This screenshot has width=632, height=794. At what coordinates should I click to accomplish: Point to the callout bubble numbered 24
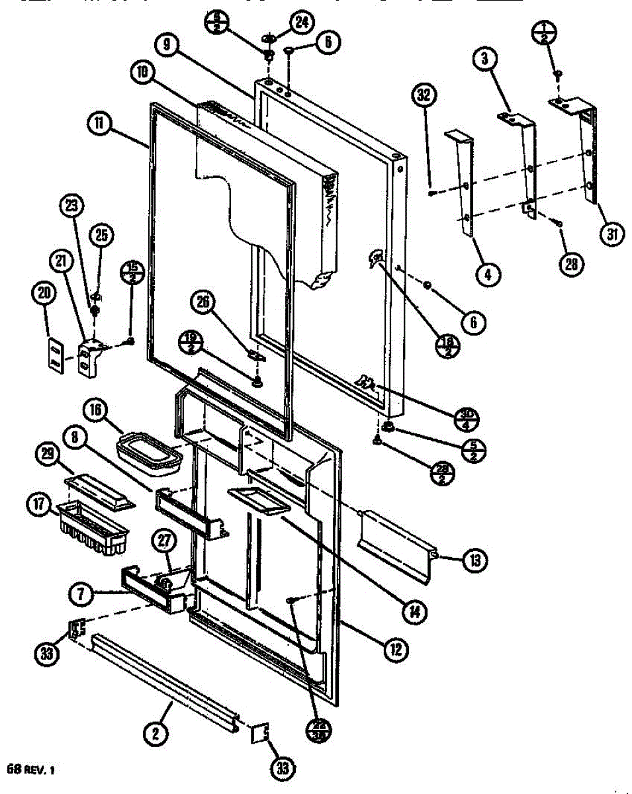tap(301, 22)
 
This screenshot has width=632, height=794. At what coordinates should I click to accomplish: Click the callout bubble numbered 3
tap(485, 59)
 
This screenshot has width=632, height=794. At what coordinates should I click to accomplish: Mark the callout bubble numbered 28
tap(571, 265)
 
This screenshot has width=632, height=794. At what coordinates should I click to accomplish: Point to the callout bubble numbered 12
tap(396, 649)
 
